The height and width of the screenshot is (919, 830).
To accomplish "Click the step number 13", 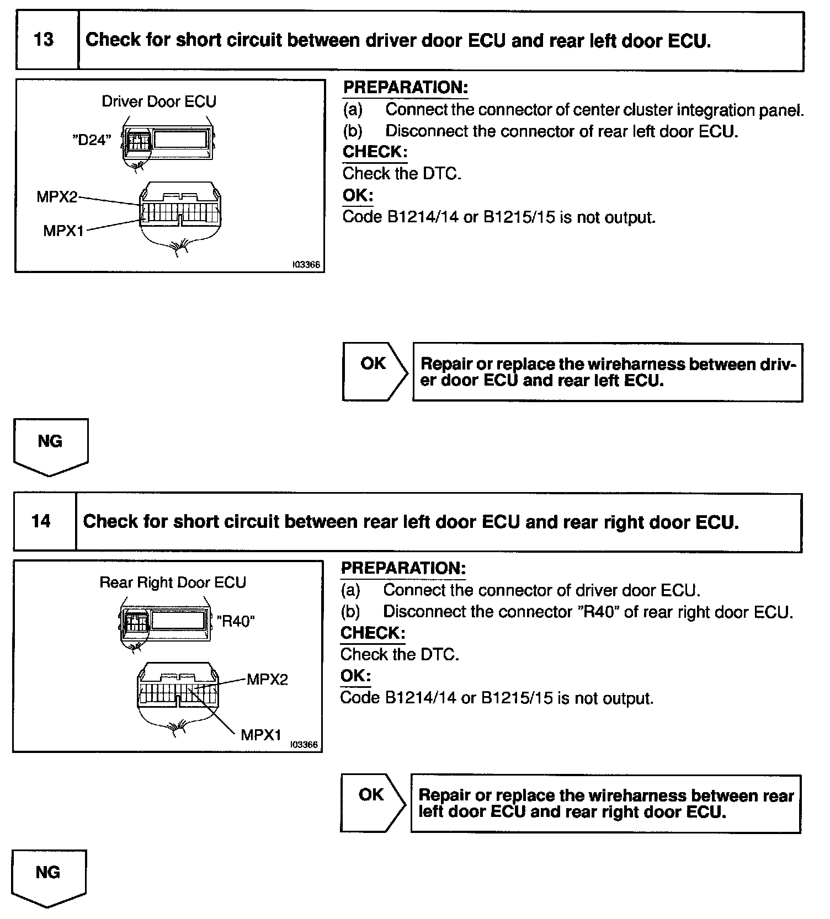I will pos(44,40).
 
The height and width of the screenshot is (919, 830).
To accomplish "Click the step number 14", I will pos(41,521).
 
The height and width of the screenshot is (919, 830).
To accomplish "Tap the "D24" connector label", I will pos(92,140).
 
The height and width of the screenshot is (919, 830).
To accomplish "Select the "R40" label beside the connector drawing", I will pos(236,621).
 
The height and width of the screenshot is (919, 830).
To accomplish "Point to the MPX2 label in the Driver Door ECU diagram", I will pos(57,196).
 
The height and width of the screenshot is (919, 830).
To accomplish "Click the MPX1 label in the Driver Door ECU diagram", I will pos(63,231).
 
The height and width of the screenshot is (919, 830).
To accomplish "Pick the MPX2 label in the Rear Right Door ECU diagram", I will pos(267,679).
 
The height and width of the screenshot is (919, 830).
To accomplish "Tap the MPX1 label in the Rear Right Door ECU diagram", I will pos(261,735).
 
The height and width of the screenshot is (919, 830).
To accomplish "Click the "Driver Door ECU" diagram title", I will pos(159,101).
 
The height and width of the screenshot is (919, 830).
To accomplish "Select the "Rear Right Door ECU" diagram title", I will pos(172,583).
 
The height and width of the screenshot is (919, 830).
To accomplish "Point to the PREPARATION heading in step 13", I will pos(406,87).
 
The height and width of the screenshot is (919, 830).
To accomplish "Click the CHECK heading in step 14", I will pos(373,633).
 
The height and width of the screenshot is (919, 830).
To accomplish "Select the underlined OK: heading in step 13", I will pos(358,195).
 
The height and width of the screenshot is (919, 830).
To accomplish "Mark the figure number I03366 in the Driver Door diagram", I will pos(306,265).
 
